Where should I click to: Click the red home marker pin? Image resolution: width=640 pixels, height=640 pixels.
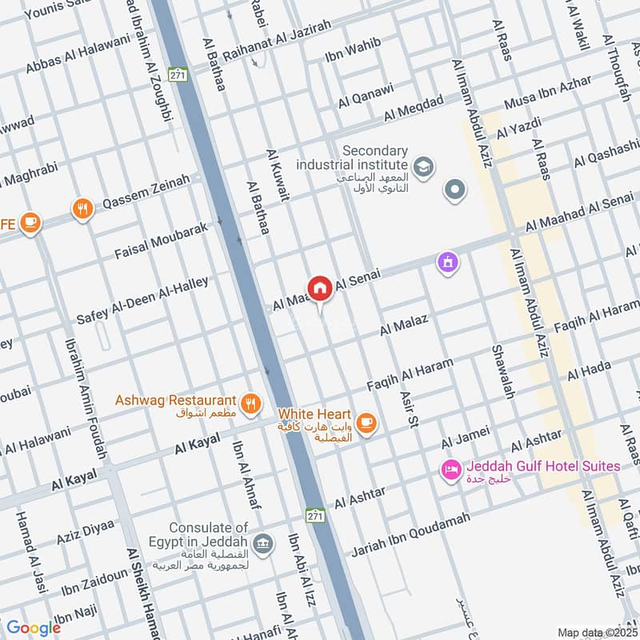pos(320,289)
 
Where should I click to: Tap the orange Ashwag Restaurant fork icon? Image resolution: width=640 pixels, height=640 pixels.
pos(251,404)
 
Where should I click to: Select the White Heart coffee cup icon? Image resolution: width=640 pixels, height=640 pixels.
pos(366,422)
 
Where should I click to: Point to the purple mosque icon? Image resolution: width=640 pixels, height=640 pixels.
pos(446,262)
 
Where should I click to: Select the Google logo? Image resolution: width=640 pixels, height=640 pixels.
pos(34,628)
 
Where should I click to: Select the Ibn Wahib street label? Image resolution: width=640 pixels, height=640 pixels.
pos(353,50)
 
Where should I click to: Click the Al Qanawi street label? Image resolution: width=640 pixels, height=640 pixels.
pos(366,95)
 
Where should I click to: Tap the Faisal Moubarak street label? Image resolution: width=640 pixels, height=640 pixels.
pos(161,240)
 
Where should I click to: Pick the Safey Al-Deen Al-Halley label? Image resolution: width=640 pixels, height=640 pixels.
pos(142,300)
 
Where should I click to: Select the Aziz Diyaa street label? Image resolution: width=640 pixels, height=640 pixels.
pos(86,531)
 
